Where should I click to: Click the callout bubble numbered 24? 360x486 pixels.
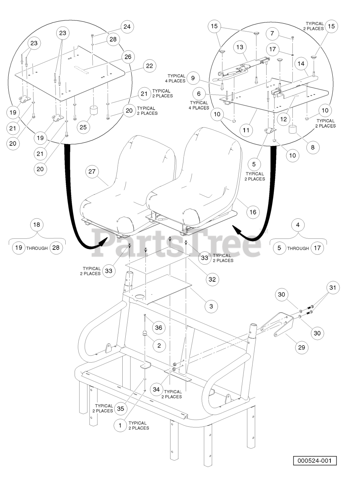[x=127, y=27]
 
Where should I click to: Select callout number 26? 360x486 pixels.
[x=127, y=57]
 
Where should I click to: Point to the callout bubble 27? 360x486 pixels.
[x=92, y=172]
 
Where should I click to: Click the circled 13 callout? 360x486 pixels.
[x=240, y=47]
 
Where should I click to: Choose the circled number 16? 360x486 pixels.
[x=253, y=212]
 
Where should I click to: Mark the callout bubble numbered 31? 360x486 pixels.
[x=333, y=287]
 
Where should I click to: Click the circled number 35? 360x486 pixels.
[x=120, y=409]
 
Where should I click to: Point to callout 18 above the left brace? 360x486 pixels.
[x=36, y=225]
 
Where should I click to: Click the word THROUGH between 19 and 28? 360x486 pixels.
[x=37, y=248]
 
